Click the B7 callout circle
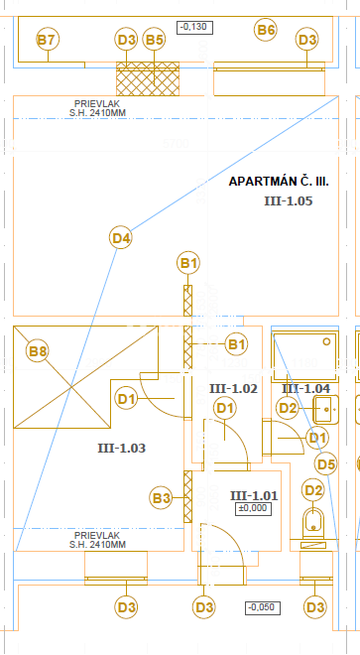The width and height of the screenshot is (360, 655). [x=48, y=40]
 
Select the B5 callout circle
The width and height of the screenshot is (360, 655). [x=154, y=40]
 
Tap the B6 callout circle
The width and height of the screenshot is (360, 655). [x=266, y=30]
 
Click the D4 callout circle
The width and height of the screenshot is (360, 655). [x=121, y=238]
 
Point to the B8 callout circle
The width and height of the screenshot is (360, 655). [x=37, y=351]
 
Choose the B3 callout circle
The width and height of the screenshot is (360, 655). [x=162, y=498]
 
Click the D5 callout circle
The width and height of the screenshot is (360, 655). [x=326, y=464]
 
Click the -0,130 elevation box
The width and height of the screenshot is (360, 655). [x=194, y=28]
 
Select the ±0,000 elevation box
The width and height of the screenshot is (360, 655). [x=253, y=509]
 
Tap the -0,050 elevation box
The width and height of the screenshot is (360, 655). [x=262, y=607]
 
